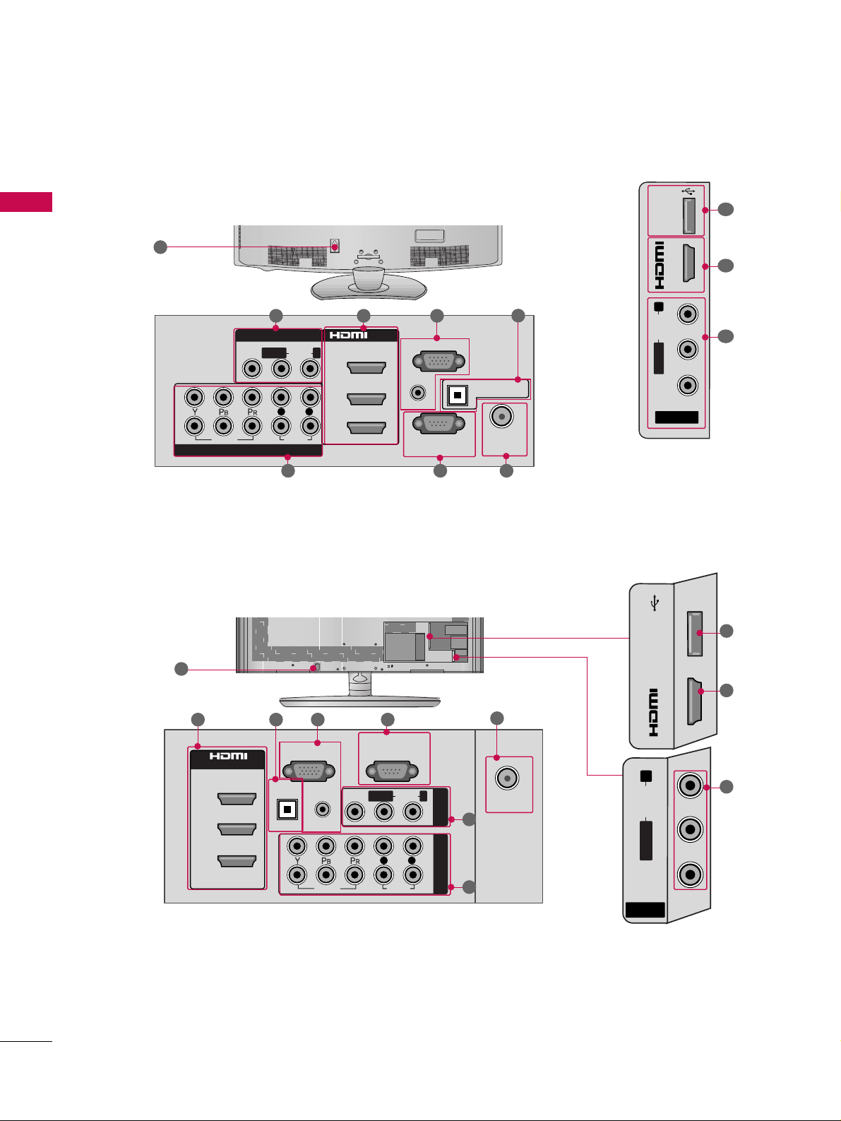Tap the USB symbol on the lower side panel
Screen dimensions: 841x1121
tap(655, 604)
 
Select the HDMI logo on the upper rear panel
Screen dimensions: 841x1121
tap(349, 335)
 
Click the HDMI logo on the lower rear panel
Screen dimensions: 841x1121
tap(228, 756)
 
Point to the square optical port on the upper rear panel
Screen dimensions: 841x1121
tap(458, 395)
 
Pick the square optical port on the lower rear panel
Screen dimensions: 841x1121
tap(287, 809)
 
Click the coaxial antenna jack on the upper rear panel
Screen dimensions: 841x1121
tap(502, 417)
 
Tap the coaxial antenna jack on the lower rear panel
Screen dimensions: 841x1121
tap(507, 778)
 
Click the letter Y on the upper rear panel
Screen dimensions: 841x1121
tap(194, 412)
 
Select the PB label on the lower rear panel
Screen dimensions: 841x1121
tap(326, 860)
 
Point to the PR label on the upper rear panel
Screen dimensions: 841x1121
tap(252, 412)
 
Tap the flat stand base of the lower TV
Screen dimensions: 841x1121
tap(359, 701)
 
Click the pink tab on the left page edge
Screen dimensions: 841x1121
tap(26, 202)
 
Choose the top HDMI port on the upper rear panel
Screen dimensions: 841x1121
tap(366, 368)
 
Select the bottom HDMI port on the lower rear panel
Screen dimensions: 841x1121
tap(237, 861)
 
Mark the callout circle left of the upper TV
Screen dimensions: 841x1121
tap(160, 247)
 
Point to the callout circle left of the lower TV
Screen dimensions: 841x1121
tap(181, 669)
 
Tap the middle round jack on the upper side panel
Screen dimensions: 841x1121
tap(687, 350)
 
